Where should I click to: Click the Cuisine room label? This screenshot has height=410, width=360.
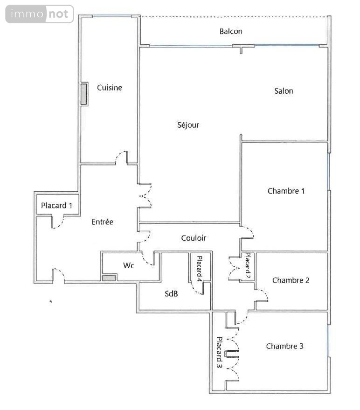pos(109,88)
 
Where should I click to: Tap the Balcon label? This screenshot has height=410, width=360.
pos(231,31)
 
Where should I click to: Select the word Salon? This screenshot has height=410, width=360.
pos(284,91)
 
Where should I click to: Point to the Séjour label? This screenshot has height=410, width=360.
pos(188,125)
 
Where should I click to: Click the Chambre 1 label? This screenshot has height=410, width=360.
pos(286,191)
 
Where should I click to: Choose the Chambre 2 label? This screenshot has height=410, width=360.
pos(291,280)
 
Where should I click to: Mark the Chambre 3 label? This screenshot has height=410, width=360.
pos(285,346)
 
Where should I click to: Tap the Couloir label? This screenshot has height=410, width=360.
pos(194,238)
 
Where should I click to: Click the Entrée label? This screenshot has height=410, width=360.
pos(103,222)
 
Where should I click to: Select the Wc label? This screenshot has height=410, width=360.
pos(128,265)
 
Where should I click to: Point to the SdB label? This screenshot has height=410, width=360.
pos(171,294)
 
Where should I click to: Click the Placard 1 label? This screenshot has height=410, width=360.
pos(56,206)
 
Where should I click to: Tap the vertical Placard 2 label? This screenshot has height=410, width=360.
pos(248,266)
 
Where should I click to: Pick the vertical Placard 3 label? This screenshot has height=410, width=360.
pos(219,352)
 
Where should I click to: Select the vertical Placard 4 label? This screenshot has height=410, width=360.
pos(199,269)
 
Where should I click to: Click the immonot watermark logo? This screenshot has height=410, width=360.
pos(40,14)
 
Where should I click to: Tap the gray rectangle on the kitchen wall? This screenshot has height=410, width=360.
pos(83,94)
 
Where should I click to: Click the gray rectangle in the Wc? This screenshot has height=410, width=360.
pos(109,278)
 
